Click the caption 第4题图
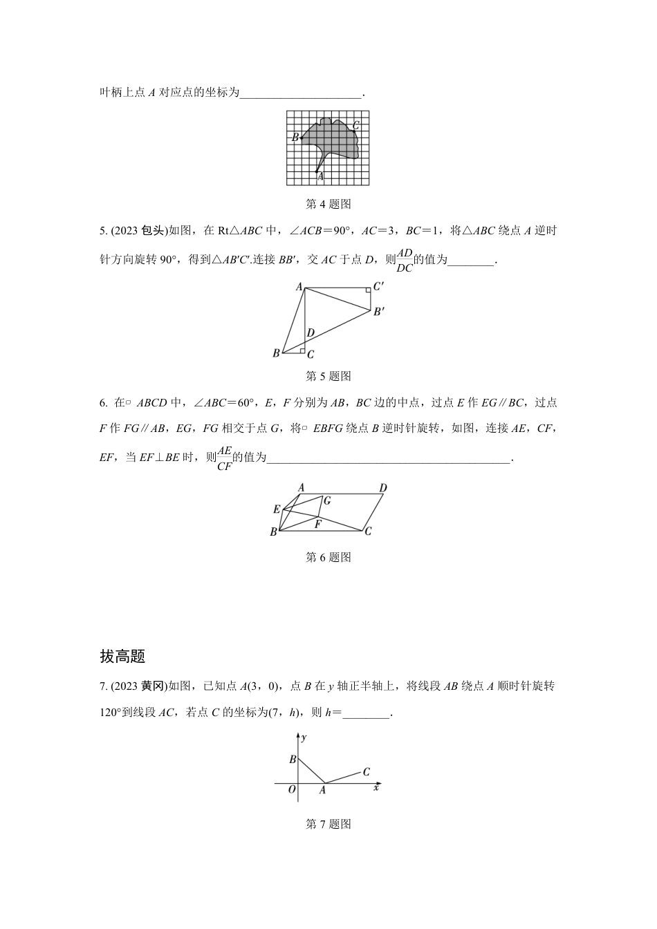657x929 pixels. (328, 204)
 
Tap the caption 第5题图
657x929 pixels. (328, 376)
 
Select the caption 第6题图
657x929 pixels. (328, 557)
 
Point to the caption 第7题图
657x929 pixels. (328, 824)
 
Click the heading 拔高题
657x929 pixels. (122, 656)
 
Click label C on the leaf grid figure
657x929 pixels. (356, 125)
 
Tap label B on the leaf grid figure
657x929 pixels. (295, 138)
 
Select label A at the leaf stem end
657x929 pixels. (320, 178)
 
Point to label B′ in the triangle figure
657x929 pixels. (379, 312)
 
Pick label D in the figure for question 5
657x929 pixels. (311, 333)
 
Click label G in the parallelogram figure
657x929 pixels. (327, 500)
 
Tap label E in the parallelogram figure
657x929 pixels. (277, 509)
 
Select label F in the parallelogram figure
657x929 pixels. (317, 525)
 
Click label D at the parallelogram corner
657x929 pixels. (383, 488)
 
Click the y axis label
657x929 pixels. (305, 738)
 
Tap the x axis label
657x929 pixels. (376, 787)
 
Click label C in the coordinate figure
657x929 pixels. (367, 772)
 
